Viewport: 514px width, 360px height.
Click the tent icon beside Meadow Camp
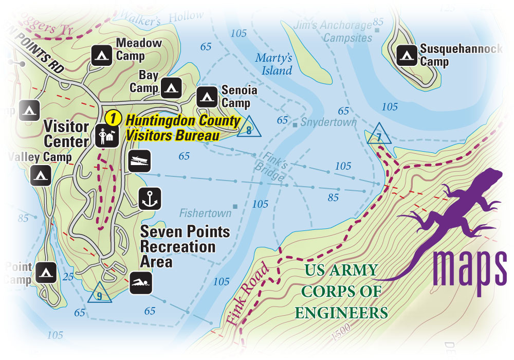pyautogui.click(x=101, y=55)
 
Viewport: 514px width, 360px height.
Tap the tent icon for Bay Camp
pyautogui.click(x=171, y=88)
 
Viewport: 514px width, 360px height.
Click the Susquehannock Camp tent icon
pyautogui.click(x=407, y=55)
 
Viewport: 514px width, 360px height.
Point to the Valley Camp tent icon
pyautogui.click(x=40, y=175)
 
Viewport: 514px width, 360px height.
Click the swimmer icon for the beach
pyautogui.click(x=140, y=283)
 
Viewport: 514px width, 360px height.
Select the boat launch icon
pyautogui.click(x=140, y=160)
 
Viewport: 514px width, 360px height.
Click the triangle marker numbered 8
pyautogui.click(x=249, y=129)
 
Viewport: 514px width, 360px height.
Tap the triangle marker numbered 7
pyautogui.click(x=378, y=135)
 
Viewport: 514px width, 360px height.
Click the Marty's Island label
pyautogui.click(x=274, y=64)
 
